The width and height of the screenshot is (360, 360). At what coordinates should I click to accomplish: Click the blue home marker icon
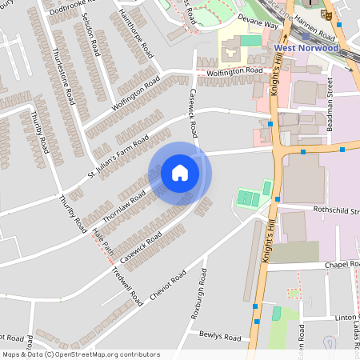180,173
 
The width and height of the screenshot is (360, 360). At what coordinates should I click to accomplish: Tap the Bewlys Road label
220,338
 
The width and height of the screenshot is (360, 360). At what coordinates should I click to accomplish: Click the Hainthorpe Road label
136,37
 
